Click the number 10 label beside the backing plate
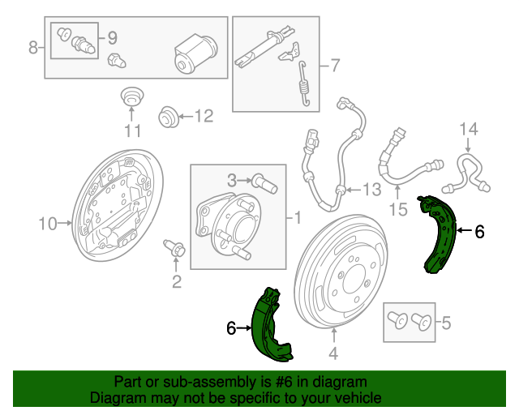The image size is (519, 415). click(48, 224)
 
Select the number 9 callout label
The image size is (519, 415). click(113, 38)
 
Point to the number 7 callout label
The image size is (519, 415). click(335, 65)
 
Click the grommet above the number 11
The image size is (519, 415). click(132, 96)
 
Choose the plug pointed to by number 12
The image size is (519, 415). click(169, 117)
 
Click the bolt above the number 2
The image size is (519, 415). click(174, 248)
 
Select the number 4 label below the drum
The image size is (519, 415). click(333, 353)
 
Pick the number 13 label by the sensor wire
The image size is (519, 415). click(372, 190)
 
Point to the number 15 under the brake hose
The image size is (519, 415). click(398, 209)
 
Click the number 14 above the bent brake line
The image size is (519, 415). click(469, 129)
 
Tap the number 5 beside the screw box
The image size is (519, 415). click(447, 323)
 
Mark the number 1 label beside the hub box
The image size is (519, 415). click(298, 218)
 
